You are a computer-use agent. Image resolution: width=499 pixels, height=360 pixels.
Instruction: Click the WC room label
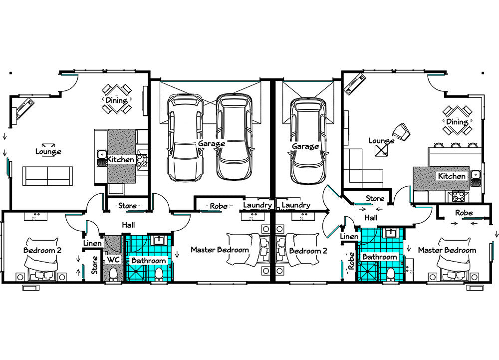point(113,260)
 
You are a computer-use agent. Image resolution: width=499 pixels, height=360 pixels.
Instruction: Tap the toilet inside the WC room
point(113,274)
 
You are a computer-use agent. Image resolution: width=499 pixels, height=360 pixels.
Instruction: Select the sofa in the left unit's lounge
point(47,176)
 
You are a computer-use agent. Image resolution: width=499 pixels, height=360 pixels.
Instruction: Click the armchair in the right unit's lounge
point(401,132)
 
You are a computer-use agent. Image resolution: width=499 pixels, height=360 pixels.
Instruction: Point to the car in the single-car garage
point(308,141)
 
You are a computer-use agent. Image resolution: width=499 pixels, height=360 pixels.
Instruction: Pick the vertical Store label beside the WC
point(94,265)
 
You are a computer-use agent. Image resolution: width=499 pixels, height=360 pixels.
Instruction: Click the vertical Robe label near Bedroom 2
point(351,261)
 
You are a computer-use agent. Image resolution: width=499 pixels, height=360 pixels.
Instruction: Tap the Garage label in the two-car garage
point(211,144)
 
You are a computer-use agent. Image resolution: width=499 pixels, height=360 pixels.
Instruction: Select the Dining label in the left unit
point(116,100)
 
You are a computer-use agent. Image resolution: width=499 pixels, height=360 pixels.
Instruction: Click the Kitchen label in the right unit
point(452,176)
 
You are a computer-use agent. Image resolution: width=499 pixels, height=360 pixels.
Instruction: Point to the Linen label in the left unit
point(92,243)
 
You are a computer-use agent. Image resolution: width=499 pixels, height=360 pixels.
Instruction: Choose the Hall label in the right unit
point(371,218)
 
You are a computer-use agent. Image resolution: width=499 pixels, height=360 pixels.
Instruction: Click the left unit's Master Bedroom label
point(220,250)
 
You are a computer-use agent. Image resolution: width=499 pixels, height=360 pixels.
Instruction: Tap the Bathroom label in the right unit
point(380,257)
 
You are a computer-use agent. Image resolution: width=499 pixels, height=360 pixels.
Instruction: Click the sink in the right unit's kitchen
point(475,175)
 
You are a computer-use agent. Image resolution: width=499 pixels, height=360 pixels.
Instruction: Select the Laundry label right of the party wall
point(295,205)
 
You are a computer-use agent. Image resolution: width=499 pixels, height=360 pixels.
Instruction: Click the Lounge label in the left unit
point(48,151)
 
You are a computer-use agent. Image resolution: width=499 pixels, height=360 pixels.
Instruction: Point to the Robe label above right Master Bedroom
point(464,213)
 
